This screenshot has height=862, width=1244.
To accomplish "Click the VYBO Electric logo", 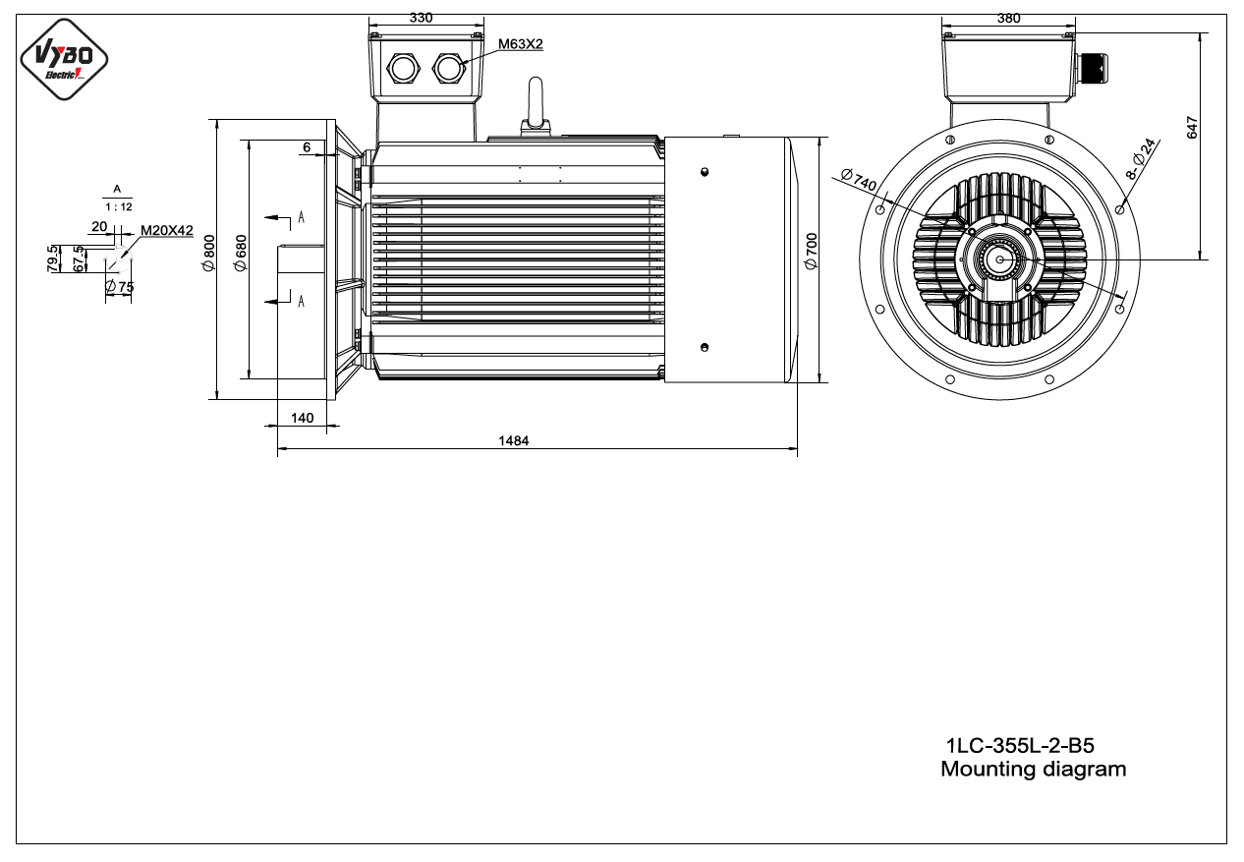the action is [x=64, y=59].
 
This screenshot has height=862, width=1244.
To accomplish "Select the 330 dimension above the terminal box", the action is [x=421, y=18].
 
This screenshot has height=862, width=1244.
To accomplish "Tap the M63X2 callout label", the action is [x=521, y=44].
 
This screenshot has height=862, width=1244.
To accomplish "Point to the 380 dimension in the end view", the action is [x=1008, y=19].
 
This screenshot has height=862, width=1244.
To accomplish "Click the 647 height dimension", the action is [x=1192, y=127].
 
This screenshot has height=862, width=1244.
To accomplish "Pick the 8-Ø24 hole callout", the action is [x=1140, y=159].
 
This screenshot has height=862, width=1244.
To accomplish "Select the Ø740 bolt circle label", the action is [x=859, y=179].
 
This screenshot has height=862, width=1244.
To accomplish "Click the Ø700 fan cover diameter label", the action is [x=812, y=251].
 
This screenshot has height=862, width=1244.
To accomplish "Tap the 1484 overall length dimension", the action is [x=514, y=440].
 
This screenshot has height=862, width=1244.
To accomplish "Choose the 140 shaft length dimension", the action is [x=302, y=418].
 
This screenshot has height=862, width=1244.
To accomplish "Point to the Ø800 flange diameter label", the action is [x=209, y=254].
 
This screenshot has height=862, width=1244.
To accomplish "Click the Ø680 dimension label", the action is [x=241, y=254].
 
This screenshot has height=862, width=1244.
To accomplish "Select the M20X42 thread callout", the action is [x=167, y=230].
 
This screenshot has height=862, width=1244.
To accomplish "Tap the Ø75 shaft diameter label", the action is [x=120, y=287].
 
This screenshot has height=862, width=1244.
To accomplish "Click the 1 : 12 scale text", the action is [x=119, y=207].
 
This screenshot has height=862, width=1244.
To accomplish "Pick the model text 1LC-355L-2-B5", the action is [x=1020, y=745].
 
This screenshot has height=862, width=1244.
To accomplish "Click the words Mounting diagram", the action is [x=1034, y=770].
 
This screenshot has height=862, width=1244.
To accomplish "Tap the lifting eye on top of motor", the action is [x=536, y=105].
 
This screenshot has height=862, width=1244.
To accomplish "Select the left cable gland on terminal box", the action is [x=403, y=69].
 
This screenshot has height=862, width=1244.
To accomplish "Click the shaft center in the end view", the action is [x=1000, y=259].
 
